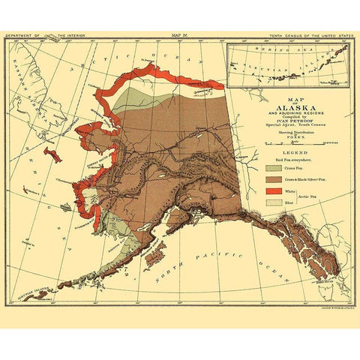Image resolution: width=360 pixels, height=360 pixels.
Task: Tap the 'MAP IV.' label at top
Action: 180,34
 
